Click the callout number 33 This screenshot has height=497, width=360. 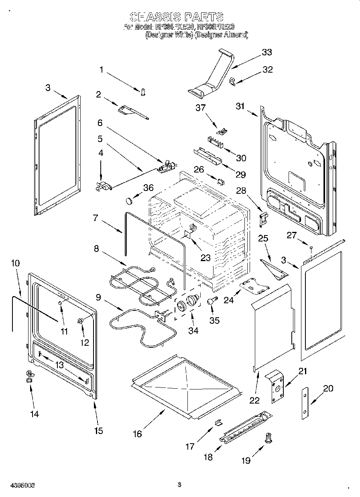[x=266, y=53]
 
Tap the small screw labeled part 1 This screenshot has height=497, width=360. [x=143, y=92]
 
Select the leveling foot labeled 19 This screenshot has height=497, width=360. [x=268, y=439]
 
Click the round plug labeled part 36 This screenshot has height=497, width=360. [x=130, y=199]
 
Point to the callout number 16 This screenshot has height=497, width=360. [x=137, y=434]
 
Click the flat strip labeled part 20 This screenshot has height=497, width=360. [x=306, y=403]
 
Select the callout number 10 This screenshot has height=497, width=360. [x=15, y=264]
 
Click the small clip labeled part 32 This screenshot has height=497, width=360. [x=232, y=81]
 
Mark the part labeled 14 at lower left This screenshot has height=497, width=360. [x=29, y=376]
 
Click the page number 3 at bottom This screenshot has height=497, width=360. [x=179, y=484]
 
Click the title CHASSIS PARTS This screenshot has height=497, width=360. [x=177, y=16]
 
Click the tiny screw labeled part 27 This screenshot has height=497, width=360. [x=311, y=247]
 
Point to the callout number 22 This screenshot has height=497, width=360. [x=254, y=400]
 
